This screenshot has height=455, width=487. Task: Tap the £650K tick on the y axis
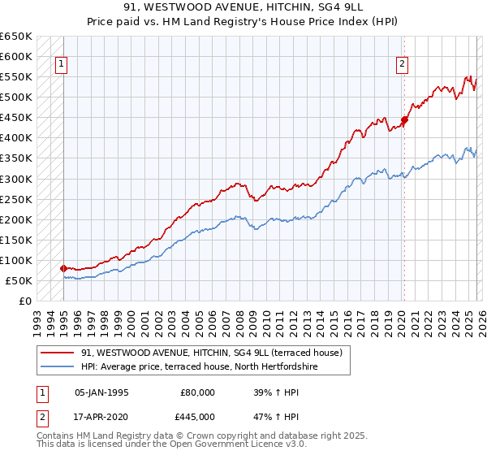pos(16,37)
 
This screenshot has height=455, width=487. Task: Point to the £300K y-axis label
pos(16,179)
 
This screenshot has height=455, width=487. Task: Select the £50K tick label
pos(19,280)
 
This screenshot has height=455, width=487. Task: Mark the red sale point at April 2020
pos(404,120)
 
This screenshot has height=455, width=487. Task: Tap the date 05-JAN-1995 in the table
pos(101,392)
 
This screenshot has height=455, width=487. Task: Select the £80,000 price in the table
pos(198,392)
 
